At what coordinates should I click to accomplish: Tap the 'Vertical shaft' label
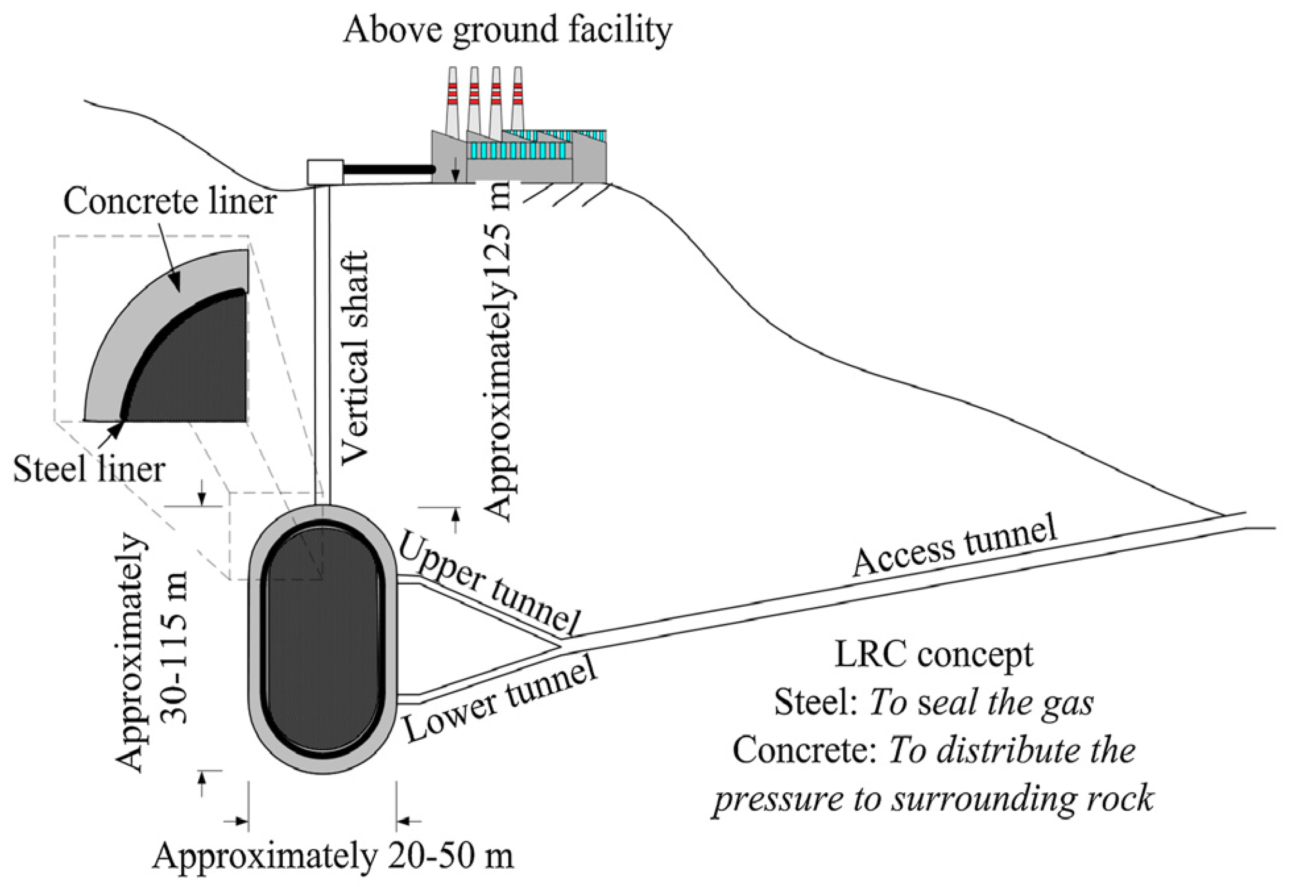coord(354,358)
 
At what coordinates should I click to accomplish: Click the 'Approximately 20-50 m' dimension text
coord(333,857)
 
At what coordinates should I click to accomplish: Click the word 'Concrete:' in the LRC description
coord(806,750)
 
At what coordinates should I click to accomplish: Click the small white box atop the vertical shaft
coord(325,172)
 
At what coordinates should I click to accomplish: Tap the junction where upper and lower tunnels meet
coord(560,646)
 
